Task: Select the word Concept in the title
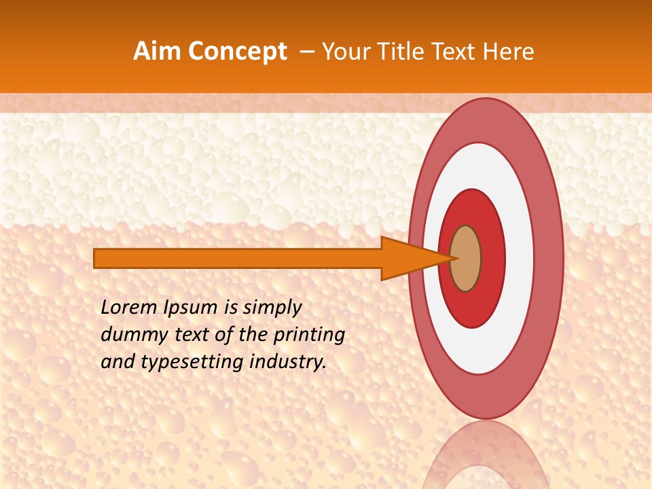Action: (237, 52)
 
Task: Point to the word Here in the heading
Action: (509, 52)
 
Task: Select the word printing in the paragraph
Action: (309, 335)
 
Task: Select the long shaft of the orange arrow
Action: (238, 258)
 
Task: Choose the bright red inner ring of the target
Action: (494, 258)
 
